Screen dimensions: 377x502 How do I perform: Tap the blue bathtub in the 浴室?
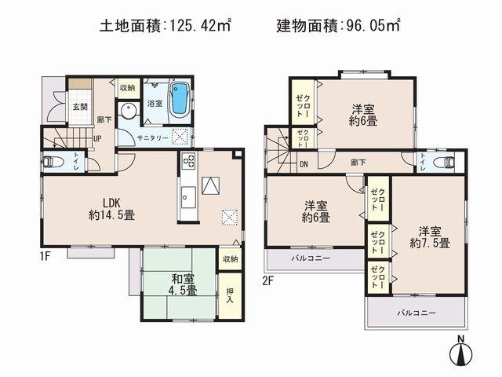(x=180, y=97)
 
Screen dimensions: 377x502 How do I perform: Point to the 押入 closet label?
(x=229, y=295)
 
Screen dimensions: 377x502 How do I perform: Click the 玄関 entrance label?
(x=80, y=107)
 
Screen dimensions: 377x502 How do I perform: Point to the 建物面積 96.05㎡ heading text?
(x=339, y=26)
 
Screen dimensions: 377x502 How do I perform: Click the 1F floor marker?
(x=46, y=255)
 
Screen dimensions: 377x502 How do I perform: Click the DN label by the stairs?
(x=304, y=164)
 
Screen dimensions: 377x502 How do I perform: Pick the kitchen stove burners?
(x=189, y=163)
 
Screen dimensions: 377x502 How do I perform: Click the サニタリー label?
(x=152, y=136)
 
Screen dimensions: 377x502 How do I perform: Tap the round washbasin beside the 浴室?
(x=127, y=110)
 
